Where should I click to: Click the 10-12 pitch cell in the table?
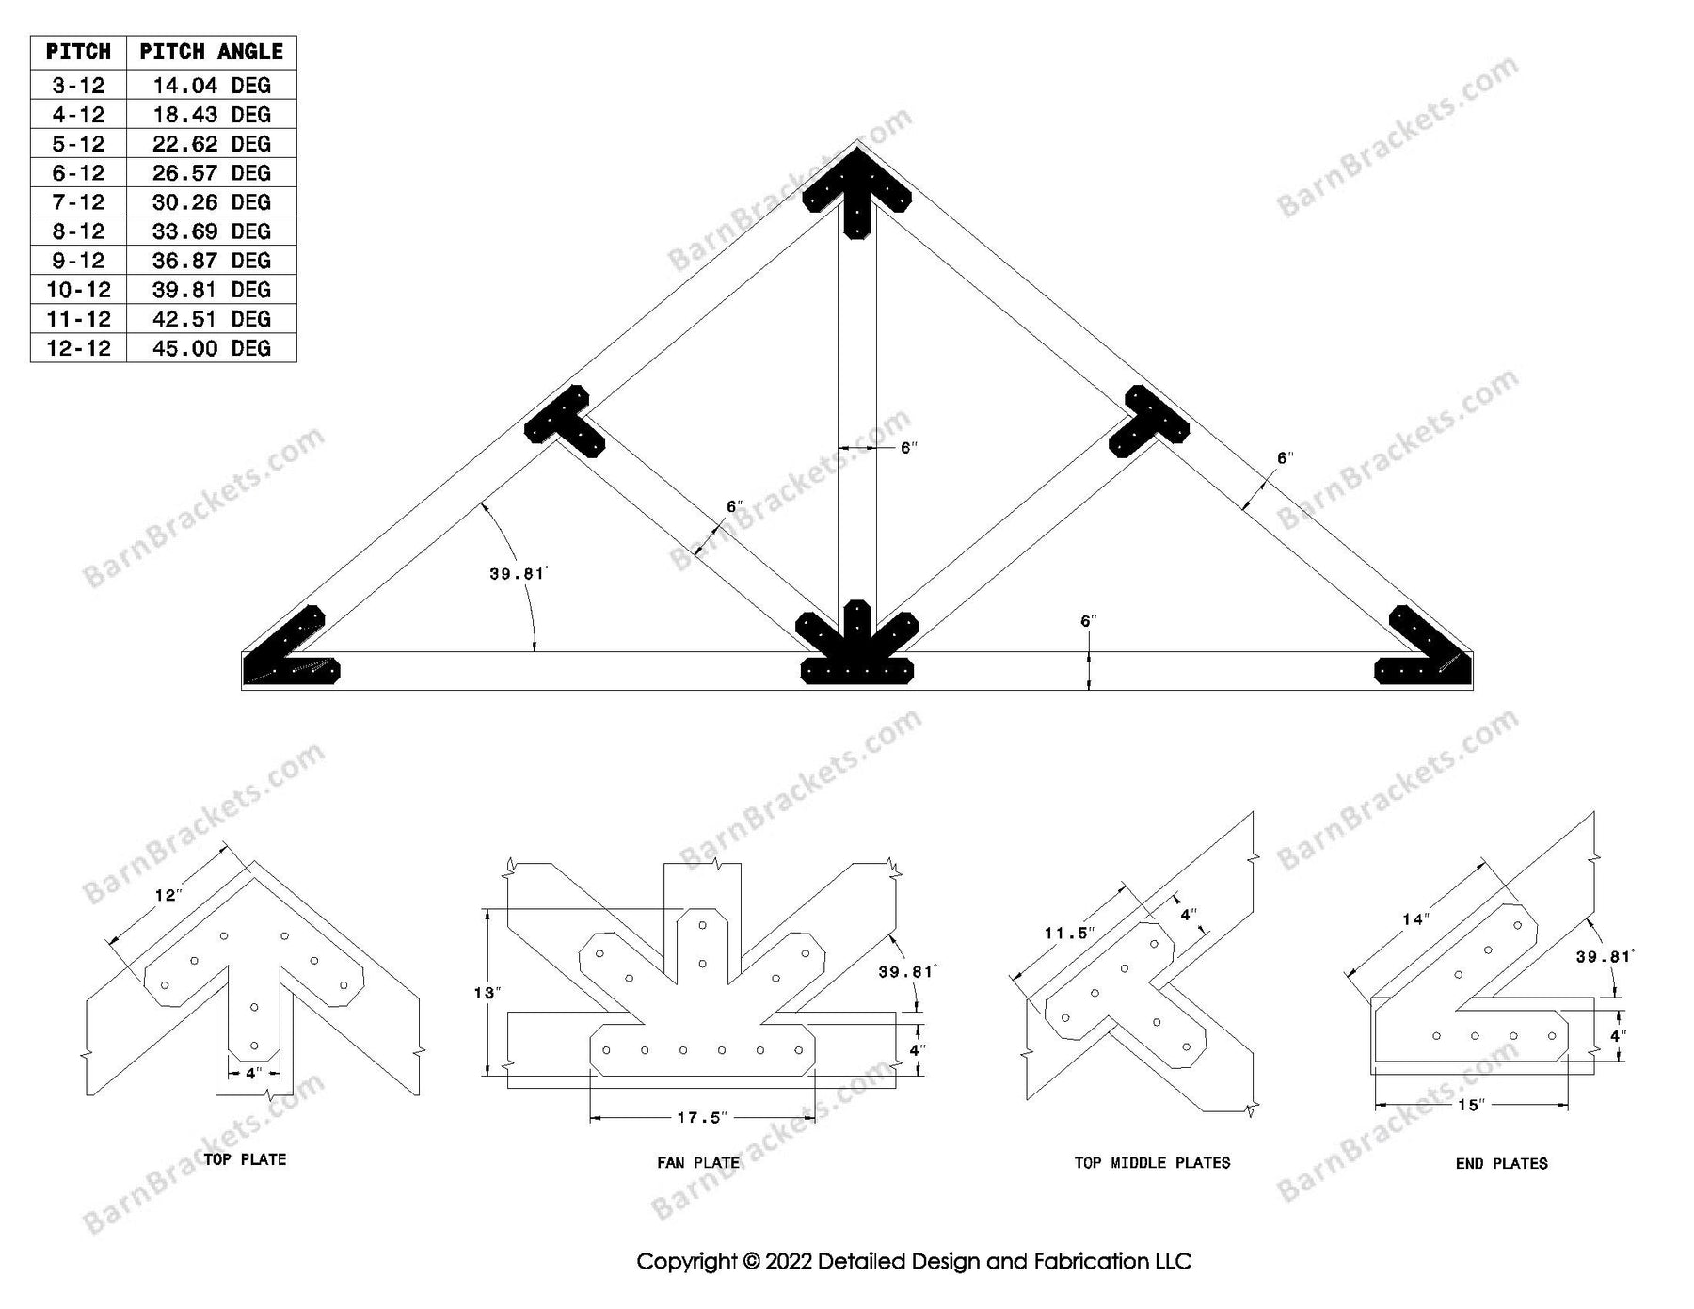point(78,290)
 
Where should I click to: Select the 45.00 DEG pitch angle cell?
point(211,348)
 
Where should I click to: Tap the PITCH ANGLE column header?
point(211,52)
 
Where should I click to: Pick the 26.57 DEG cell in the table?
point(211,173)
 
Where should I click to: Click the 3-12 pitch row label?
point(78,86)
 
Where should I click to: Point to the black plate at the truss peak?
point(856,193)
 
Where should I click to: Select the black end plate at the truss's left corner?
point(287,654)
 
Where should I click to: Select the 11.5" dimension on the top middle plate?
point(1069,934)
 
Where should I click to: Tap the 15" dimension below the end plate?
point(1470,1105)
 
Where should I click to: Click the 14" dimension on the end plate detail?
point(1414,919)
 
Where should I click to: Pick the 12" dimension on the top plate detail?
point(167,895)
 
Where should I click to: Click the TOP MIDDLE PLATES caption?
point(1152,1163)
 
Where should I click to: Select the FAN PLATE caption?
point(697,1163)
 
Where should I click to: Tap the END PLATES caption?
point(1501,1164)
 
